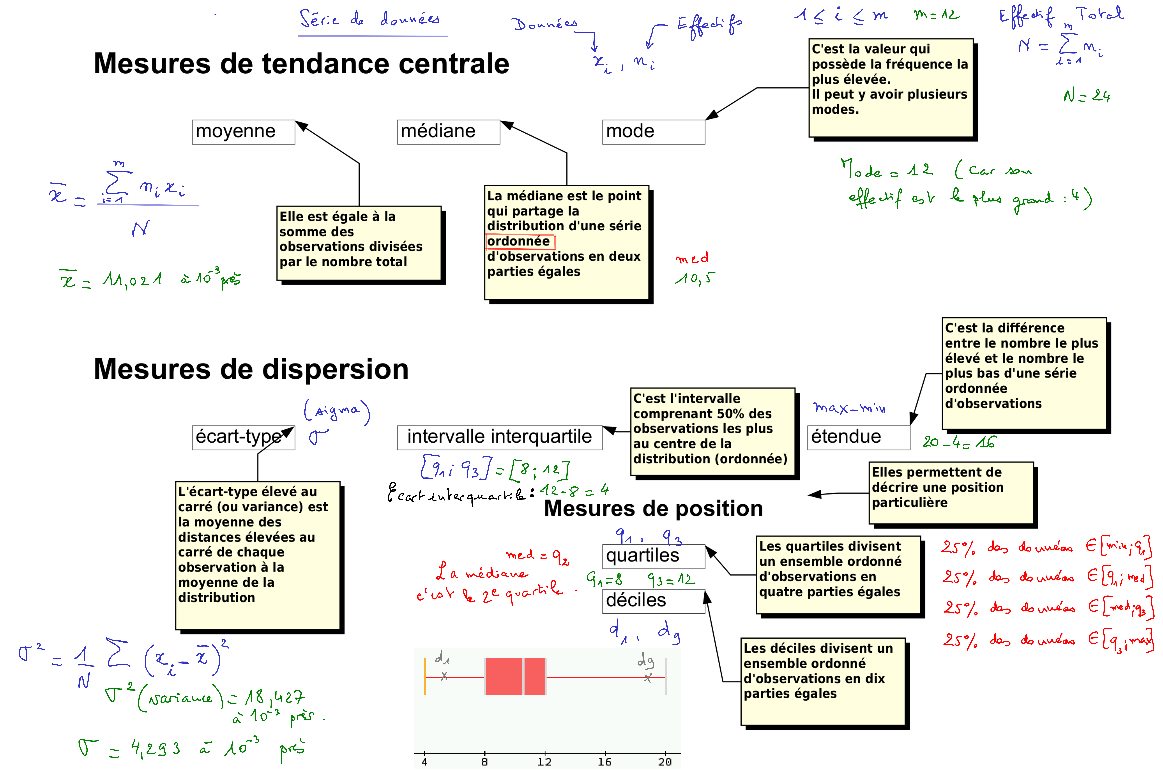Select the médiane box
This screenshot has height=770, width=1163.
tap(448, 132)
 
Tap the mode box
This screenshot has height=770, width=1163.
tap(654, 132)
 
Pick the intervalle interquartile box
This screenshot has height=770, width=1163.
tap(499, 437)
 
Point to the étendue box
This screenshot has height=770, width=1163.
tap(858, 437)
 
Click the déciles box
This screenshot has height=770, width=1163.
tap(654, 601)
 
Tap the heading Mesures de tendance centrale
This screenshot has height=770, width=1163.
tap(302, 64)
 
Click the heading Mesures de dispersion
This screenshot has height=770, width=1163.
tap(251, 369)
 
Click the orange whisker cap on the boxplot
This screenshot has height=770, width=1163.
tap(425, 677)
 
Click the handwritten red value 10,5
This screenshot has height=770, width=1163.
tap(695, 278)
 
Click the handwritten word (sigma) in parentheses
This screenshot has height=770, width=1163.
tap(337, 411)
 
